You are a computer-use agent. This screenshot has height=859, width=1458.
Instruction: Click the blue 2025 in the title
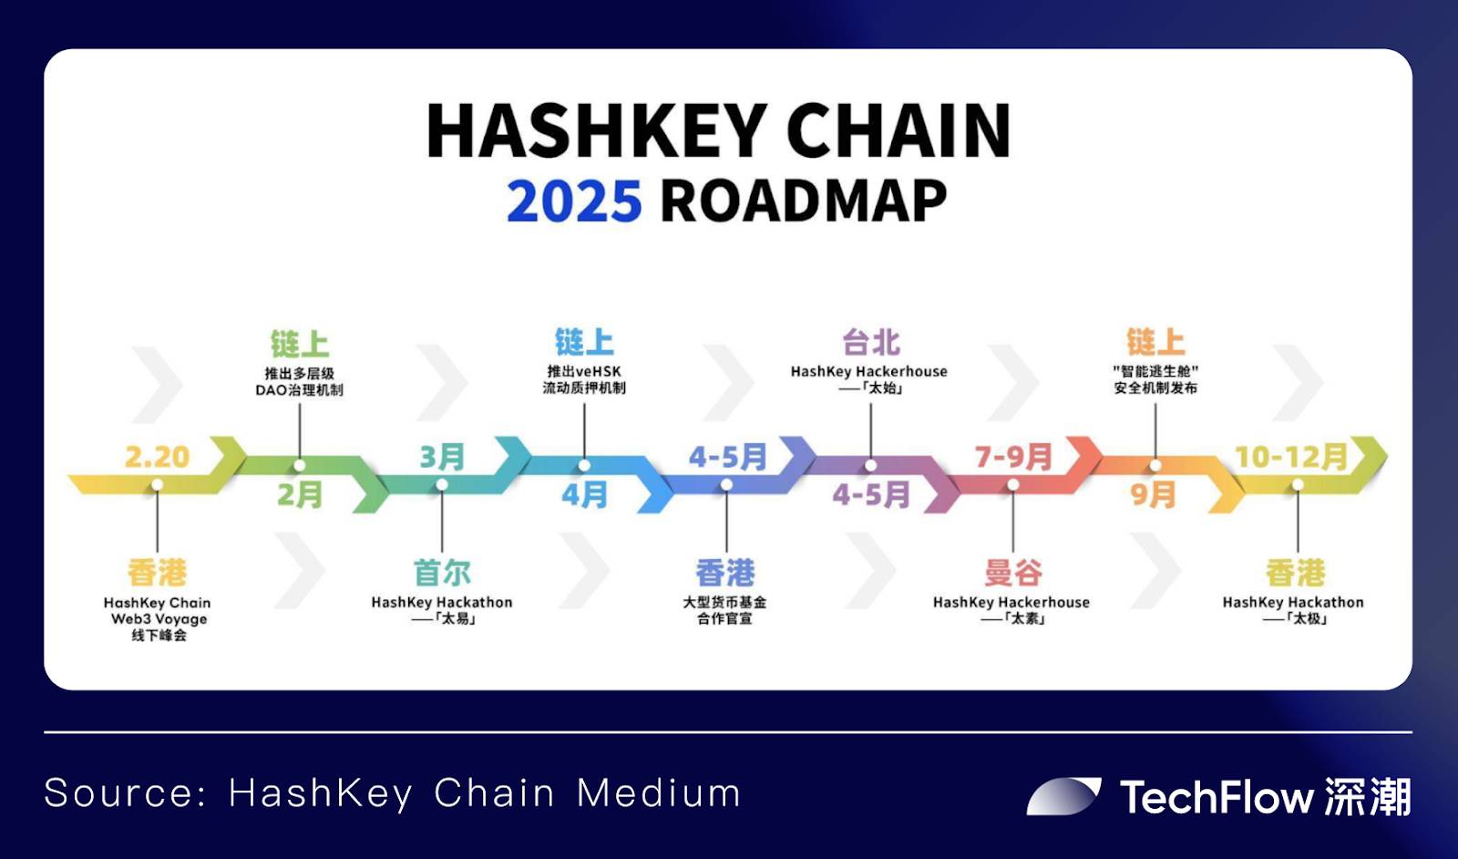[574, 202]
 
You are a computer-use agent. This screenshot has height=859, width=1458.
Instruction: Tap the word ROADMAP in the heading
[803, 202]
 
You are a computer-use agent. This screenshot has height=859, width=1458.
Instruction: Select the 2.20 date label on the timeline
[157, 457]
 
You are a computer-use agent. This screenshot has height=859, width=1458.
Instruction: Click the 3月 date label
[442, 457]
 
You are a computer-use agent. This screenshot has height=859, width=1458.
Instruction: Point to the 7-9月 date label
[1012, 457]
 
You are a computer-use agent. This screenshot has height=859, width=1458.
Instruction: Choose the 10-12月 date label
[1291, 457]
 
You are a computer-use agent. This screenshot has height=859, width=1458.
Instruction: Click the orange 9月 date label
[1154, 495]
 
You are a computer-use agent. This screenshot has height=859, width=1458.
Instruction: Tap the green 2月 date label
[300, 495]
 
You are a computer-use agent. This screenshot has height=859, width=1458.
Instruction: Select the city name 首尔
[442, 573]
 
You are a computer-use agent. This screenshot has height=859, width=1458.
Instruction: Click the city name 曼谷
[1012, 573]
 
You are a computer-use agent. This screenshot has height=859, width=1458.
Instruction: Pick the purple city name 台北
[871, 343]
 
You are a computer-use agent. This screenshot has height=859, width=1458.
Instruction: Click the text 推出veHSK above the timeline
[584, 371]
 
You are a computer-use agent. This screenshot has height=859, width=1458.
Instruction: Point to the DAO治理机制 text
[300, 390]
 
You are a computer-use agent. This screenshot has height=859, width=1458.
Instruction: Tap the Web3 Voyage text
[159, 618]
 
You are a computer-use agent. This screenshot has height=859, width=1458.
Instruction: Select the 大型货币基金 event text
[724, 603]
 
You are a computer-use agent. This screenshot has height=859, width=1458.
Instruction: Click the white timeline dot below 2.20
[157, 485]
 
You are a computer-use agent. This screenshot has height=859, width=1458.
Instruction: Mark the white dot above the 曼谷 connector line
[1012, 484]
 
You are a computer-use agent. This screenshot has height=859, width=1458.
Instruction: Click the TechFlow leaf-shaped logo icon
[1063, 796]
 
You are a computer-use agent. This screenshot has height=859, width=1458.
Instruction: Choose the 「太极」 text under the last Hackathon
[1307, 618]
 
